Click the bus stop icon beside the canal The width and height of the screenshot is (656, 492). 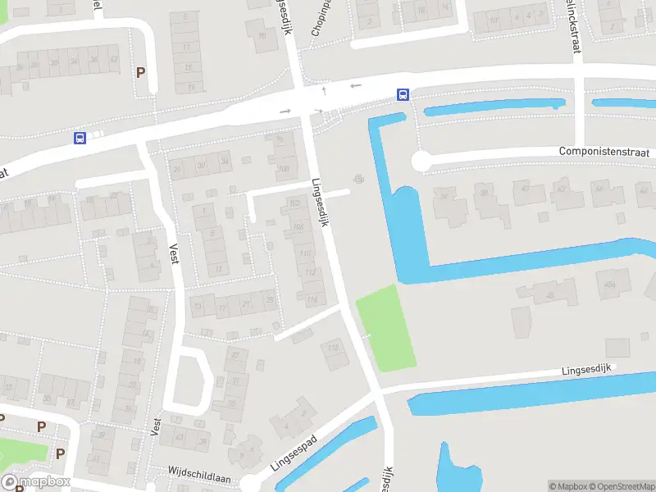pos(403,94)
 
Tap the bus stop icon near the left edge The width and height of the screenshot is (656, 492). pos(80,138)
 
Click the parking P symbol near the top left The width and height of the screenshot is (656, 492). pos(141,72)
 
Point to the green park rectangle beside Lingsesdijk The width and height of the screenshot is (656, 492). pos(385,326)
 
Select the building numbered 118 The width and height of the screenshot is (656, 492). pos(333,349)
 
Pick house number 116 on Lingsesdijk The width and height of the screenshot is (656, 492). pos(312,300)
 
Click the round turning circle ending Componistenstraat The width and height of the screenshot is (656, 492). pos(421,162)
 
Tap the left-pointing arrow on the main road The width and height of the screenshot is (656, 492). pos(356,86)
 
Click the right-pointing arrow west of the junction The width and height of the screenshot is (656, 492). pos(285,111)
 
